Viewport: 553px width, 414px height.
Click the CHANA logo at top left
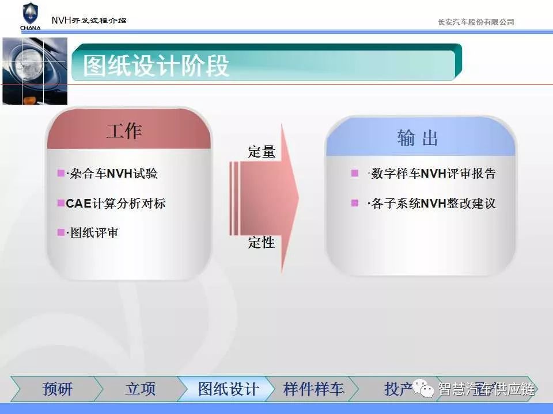point(31,17)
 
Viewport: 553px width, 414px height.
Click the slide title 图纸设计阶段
point(156,66)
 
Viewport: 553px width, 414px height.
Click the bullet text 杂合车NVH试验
point(113,174)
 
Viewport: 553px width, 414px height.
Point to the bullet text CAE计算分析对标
point(115,204)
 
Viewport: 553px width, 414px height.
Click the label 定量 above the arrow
point(262,152)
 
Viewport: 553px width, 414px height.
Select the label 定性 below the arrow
point(262,243)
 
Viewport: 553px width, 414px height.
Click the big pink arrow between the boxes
point(264,198)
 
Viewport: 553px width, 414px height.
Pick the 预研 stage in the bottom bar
point(57,389)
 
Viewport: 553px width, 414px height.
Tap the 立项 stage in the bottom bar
point(141,389)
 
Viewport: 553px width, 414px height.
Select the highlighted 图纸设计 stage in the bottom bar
point(228,389)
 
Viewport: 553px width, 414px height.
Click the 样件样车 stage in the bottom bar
point(313,389)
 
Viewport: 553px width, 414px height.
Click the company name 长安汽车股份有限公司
point(476,22)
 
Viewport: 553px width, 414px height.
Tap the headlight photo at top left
point(35,71)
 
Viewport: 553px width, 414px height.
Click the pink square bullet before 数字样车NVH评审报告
point(355,173)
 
